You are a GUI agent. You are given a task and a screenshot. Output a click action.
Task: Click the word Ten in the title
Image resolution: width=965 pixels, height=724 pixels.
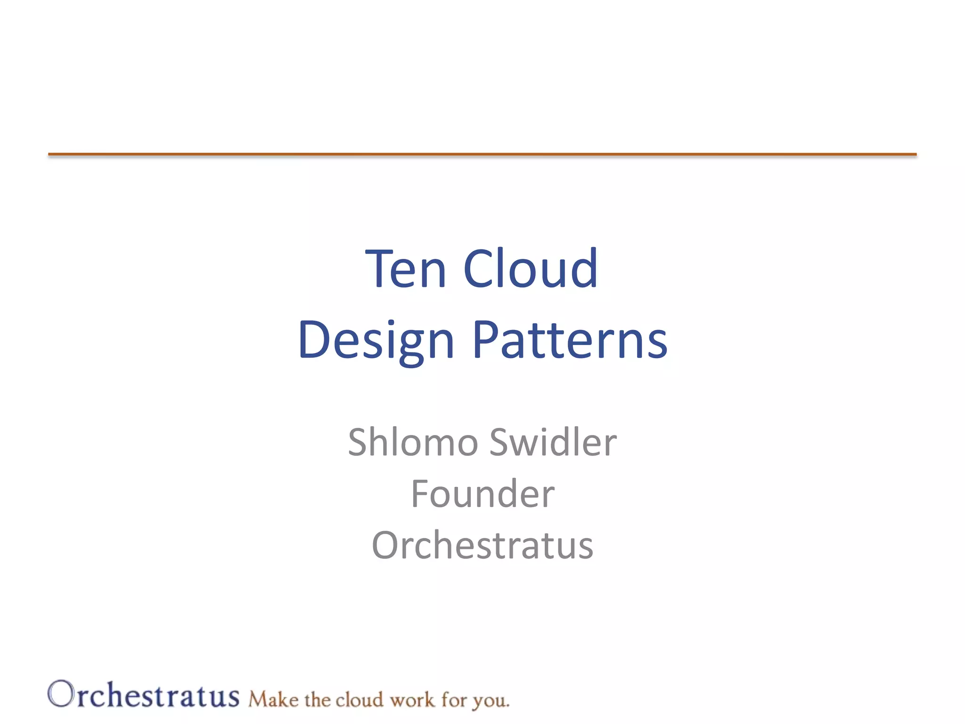[406, 269]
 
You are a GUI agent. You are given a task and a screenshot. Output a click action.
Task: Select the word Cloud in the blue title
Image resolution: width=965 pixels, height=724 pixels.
[531, 269]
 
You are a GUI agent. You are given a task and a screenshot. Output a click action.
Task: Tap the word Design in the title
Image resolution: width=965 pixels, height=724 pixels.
[376, 340]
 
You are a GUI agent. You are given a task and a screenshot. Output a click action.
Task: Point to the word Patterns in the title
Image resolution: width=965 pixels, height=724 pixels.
[570, 340]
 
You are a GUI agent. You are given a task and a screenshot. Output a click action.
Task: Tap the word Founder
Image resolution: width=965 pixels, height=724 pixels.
[482, 494]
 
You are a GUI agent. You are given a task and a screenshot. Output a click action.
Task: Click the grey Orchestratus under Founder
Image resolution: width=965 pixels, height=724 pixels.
[482, 546]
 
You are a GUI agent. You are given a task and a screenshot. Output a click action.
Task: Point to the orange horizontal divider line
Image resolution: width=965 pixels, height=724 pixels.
[482, 154]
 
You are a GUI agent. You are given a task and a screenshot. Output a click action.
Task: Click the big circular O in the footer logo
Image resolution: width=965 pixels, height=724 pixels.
[61, 694]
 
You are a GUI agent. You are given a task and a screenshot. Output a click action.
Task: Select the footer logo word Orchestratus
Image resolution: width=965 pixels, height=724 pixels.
[144, 695]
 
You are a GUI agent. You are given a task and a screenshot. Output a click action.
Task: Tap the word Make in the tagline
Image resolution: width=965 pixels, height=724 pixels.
[273, 699]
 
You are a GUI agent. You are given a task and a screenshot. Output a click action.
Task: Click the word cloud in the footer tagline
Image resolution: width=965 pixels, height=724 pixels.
[359, 699]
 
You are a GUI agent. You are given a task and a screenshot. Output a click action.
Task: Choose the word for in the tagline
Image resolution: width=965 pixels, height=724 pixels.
[454, 699]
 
